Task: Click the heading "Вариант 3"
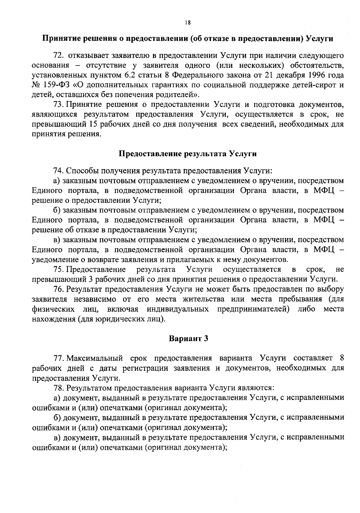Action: click(x=188, y=339)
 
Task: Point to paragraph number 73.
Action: click(x=57, y=105)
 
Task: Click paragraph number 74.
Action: click(x=57, y=171)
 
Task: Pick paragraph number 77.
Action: click(x=57, y=358)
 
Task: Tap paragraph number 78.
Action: click(x=57, y=388)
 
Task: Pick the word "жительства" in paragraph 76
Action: click(x=203, y=299)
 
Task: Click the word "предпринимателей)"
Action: click(x=253, y=309)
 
